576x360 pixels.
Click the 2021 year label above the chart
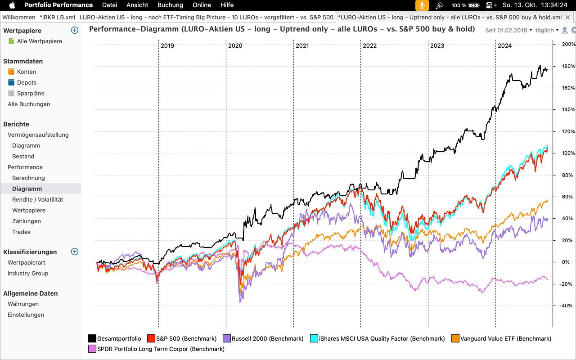pos(302,45)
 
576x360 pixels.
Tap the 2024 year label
pos(504,45)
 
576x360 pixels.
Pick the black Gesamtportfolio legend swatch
pos(92,338)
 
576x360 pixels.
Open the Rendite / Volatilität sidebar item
pos(37,199)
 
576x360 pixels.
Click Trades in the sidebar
pos(21,232)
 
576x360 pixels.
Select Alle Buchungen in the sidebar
pos(29,104)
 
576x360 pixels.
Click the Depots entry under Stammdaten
pos(27,82)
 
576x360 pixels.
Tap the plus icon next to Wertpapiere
pos(75,31)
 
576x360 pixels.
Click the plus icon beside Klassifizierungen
pos(75,252)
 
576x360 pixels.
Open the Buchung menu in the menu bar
pos(170,5)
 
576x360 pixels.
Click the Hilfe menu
pos(227,5)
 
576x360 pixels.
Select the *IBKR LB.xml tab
pos(57,17)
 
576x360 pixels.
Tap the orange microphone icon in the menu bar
pos(422,5)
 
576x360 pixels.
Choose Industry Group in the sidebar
pos(28,273)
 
